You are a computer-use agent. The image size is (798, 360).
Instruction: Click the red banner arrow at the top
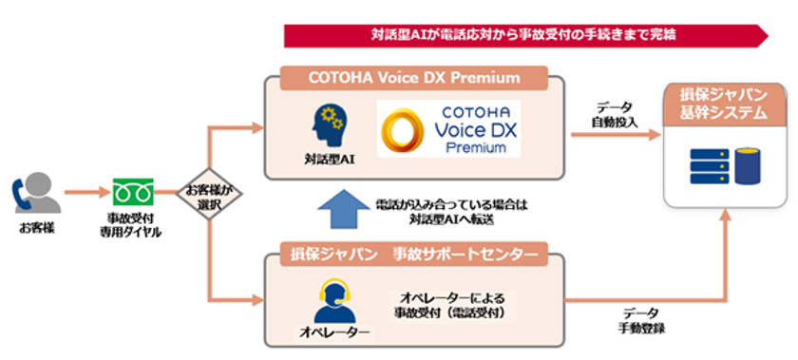[525, 35]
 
